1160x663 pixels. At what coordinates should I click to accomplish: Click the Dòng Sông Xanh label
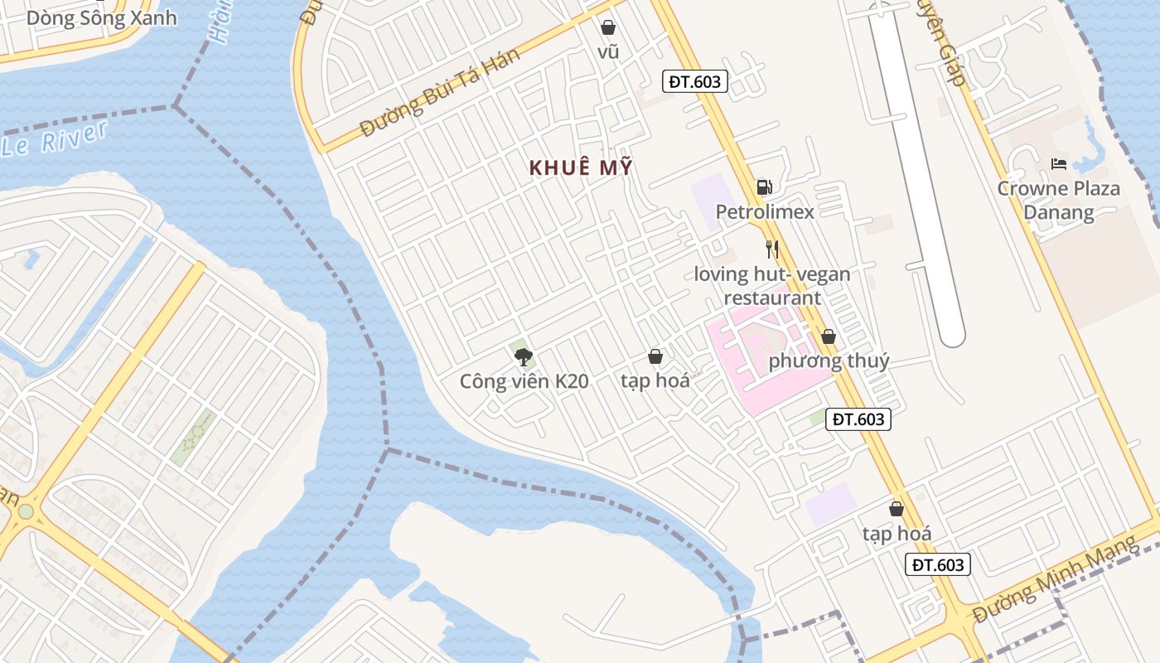pos(101,18)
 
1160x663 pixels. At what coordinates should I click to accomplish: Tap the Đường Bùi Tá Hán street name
pos(440,93)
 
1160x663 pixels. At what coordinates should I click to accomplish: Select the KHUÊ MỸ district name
pos(581,167)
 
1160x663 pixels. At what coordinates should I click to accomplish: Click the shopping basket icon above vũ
pos(608,27)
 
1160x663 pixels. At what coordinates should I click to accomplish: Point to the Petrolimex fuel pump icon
pos(764,187)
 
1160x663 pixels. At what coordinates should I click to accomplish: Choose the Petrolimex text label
pos(765,212)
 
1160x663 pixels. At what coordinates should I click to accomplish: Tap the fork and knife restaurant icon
pos(772,249)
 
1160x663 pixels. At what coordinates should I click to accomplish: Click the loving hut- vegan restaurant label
pos(772,286)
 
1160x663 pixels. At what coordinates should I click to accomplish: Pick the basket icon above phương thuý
pos(828,336)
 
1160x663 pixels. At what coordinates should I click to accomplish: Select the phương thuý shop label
pos(829,361)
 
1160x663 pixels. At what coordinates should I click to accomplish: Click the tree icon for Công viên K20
pos(523,357)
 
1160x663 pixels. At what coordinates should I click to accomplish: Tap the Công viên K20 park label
pos(524,381)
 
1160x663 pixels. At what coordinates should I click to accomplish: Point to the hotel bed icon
pos(1058,164)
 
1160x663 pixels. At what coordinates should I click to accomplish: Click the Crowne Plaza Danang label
pos(1058,201)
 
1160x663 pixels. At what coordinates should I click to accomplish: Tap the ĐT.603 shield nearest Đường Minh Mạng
pos(937,565)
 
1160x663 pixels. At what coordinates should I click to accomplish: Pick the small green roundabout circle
pos(26,511)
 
